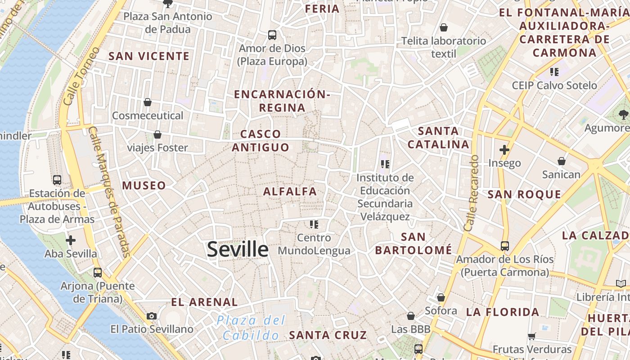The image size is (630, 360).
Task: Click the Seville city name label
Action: pos(238,250)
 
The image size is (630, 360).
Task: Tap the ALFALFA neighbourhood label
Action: pos(290,191)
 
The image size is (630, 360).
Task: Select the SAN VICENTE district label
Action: pos(149,56)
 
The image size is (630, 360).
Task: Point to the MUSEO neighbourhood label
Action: pos(144,185)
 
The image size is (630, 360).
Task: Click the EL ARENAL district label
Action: pos(204,302)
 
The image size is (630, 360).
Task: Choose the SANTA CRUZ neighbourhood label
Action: pos(328,335)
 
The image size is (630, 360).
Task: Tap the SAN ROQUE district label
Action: pos(524,194)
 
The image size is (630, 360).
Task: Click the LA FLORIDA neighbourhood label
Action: pos(502,312)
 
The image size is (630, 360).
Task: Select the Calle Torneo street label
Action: pos(81,76)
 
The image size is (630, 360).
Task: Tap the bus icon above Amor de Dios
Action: pos(272,35)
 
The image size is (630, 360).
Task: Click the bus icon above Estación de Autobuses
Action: pos(57,180)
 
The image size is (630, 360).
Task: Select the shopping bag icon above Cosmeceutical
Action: pos(148,102)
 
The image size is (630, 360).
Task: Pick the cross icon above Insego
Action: pos(504,150)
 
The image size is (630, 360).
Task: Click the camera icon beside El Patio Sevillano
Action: pos(152,316)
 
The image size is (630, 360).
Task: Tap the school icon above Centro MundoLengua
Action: pos(314,224)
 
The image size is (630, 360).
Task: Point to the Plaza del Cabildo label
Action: pos(251,328)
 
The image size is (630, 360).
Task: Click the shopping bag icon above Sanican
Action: pos(561,161)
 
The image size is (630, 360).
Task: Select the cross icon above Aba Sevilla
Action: pos(71,240)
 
